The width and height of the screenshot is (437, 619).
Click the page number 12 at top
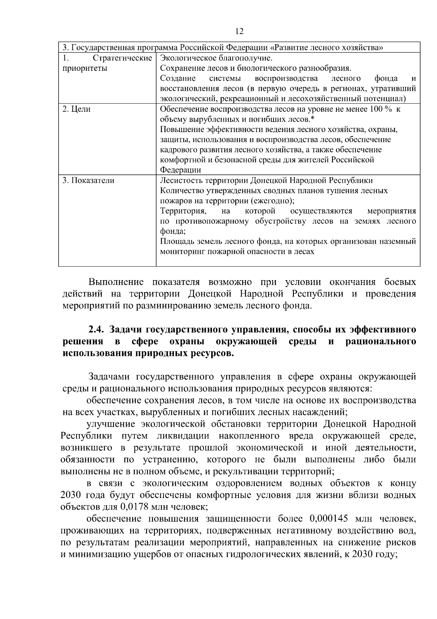point(239,31)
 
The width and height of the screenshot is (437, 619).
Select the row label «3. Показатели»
point(88,181)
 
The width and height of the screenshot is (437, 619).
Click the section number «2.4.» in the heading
point(97,330)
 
